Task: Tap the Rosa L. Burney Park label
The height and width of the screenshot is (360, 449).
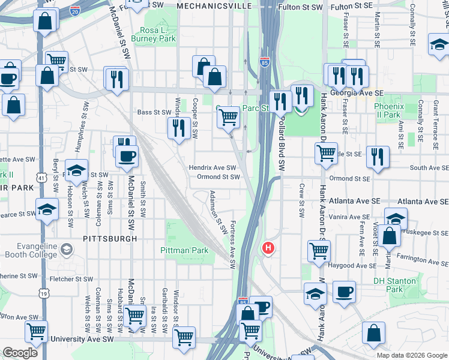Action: pyautogui.click(x=157, y=34)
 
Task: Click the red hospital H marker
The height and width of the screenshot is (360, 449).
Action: pyautogui.click(x=268, y=247)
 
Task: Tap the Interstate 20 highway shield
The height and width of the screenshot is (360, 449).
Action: pyautogui.click(x=75, y=11)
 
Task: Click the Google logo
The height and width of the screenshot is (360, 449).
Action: pyautogui.click(x=20, y=352)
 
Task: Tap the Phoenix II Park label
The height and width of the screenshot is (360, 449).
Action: pyautogui.click(x=387, y=110)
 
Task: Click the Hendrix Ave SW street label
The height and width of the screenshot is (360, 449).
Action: pyautogui.click(x=213, y=168)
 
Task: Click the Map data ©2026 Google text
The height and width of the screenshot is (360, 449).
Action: pyautogui.click(x=411, y=355)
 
